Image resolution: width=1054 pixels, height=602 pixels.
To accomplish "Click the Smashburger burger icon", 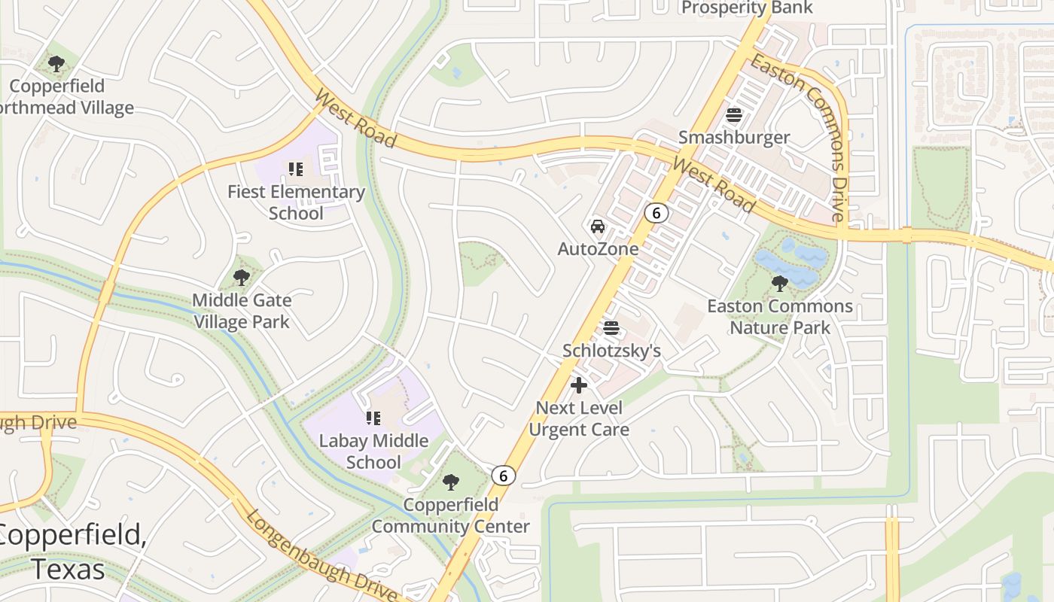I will [734, 116].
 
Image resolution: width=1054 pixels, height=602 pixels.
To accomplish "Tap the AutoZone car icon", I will [598, 227].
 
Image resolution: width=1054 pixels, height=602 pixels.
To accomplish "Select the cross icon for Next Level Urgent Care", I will [579, 385].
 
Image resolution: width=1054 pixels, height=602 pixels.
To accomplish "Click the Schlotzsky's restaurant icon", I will [611, 328].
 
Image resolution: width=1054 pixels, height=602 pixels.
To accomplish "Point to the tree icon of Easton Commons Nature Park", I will [780, 284].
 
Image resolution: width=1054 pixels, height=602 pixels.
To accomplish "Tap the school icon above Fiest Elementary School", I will [296, 169].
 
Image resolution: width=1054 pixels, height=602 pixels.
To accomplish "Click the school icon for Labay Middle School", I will [373, 418].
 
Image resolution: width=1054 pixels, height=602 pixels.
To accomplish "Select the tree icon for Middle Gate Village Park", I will [241, 278].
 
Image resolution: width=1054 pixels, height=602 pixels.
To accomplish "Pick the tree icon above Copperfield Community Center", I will [451, 482].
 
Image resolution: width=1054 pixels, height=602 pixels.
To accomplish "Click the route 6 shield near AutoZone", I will [656, 213].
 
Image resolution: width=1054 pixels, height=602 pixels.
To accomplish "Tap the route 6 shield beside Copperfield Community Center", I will [504, 476].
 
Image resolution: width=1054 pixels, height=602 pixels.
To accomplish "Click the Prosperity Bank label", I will [747, 8].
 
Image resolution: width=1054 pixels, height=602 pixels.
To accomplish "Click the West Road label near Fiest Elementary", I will [355, 118].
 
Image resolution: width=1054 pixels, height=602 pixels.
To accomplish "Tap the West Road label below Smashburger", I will [714, 185].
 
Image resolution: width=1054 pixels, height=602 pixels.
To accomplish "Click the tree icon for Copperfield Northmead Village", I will [56, 64].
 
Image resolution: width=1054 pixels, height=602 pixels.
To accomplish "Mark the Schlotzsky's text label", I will [612, 351].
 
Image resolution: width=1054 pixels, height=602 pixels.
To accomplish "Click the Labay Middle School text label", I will [373, 451].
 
